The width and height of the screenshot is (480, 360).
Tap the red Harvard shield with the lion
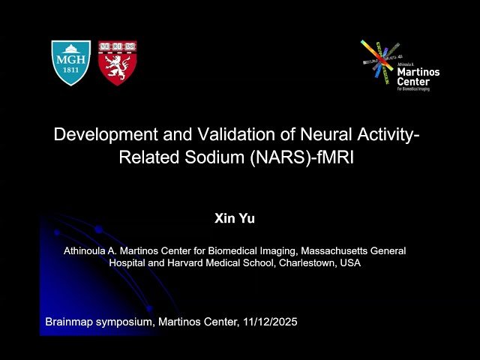[117, 61]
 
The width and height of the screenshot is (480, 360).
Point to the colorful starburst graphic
[379, 60]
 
